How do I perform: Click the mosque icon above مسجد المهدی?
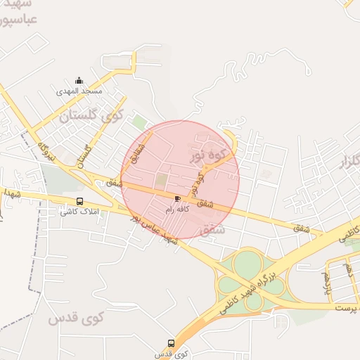coord(79,80)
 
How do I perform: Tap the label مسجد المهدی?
coord(79,91)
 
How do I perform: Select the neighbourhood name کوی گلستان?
coord(91,115)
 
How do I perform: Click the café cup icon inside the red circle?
coord(176,199)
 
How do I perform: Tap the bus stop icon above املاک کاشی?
coord(79,202)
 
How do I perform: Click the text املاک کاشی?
coord(79,212)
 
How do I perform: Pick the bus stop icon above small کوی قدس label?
coord(171,343)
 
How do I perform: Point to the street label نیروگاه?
coord(48,150)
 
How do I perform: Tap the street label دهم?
coord(350,269)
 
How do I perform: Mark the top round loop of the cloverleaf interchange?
coord(247,264)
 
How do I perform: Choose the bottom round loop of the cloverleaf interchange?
coord(254,301)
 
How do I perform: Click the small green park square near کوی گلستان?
coord(139,122)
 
